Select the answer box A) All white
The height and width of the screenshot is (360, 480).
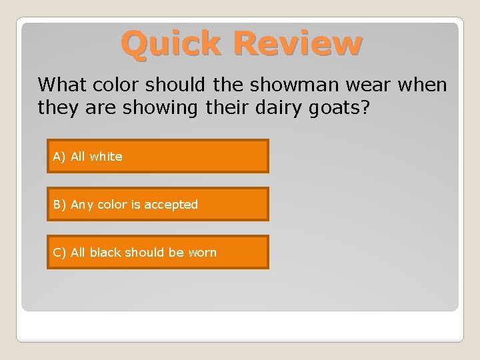coord(157,156)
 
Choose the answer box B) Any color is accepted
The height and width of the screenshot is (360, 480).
coord(157,204)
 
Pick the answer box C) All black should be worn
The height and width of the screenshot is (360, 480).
coord(157,253)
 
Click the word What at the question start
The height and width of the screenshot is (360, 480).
coord(61,85)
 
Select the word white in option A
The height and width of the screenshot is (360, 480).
coord(106,157)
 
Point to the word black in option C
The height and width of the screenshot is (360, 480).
coord(104,253)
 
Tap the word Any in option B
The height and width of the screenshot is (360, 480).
coord(81,205)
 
